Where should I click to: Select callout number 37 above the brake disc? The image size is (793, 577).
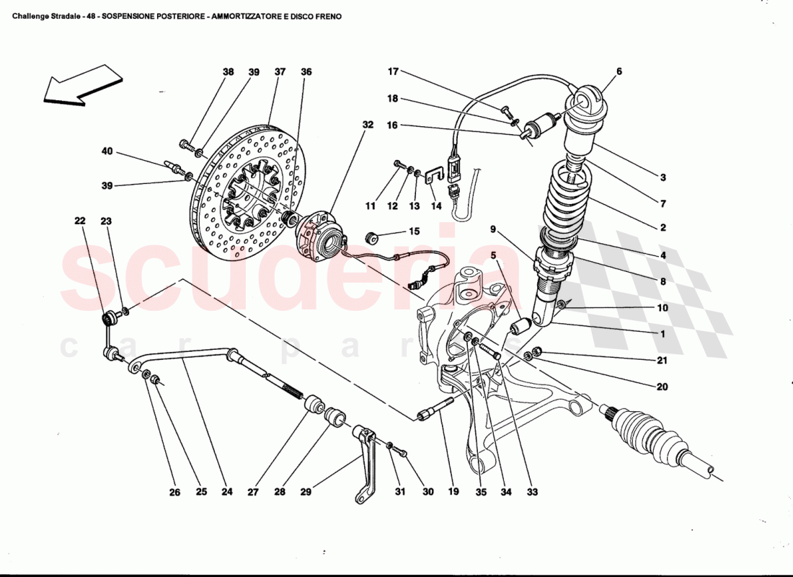[x=280, y=72]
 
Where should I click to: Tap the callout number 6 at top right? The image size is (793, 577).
[x=619, y=71]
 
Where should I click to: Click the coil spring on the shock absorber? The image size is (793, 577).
[x=570, y=198]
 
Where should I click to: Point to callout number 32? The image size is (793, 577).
[x=368, y=125]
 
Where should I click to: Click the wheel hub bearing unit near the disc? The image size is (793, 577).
[x=321, y=234]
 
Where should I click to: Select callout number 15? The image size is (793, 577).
[x=414, y=232]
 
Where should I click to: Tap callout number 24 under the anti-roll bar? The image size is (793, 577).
[x=227, y=493]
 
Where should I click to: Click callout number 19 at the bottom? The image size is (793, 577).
[x=453, y=493]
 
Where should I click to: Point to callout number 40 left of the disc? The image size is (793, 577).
[x=107, y=151]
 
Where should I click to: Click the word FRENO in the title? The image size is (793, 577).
[x=327, y=16]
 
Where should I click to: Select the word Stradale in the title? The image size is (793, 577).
[x=63, y=16]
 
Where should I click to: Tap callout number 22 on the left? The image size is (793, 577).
[x=79, y=222]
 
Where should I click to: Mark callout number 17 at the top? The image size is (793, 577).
[x=393, y=71]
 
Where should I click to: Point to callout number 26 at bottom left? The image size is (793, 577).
[x=174, y=493]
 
